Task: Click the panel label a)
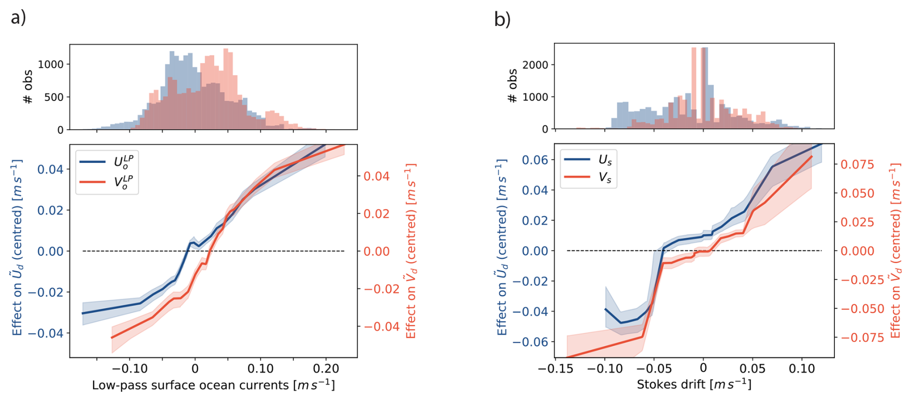[x=18, y=18]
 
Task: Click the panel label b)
[x=502, y=19]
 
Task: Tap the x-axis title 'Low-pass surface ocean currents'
[x=213, y=385]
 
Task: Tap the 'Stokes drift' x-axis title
[x=694, y=384]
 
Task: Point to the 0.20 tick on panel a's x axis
[x=326, y=369]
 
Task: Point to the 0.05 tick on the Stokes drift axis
[x=752, y=369]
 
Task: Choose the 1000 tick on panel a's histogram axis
[x=51, y=64]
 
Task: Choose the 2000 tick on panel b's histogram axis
[x=535, y=65]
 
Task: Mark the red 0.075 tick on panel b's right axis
[x=857, y=164]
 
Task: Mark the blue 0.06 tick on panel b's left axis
[x=535, y=160]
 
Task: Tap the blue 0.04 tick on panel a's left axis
[x=51, y=169]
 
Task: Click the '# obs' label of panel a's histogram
[x=28, y=87]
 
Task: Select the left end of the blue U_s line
[x=606, y=309]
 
